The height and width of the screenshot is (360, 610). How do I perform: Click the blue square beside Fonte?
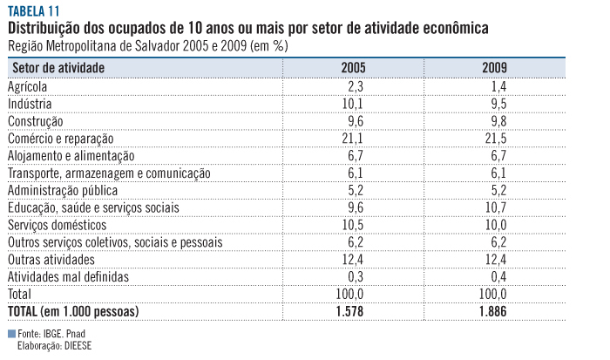click(x=10, y=334)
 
